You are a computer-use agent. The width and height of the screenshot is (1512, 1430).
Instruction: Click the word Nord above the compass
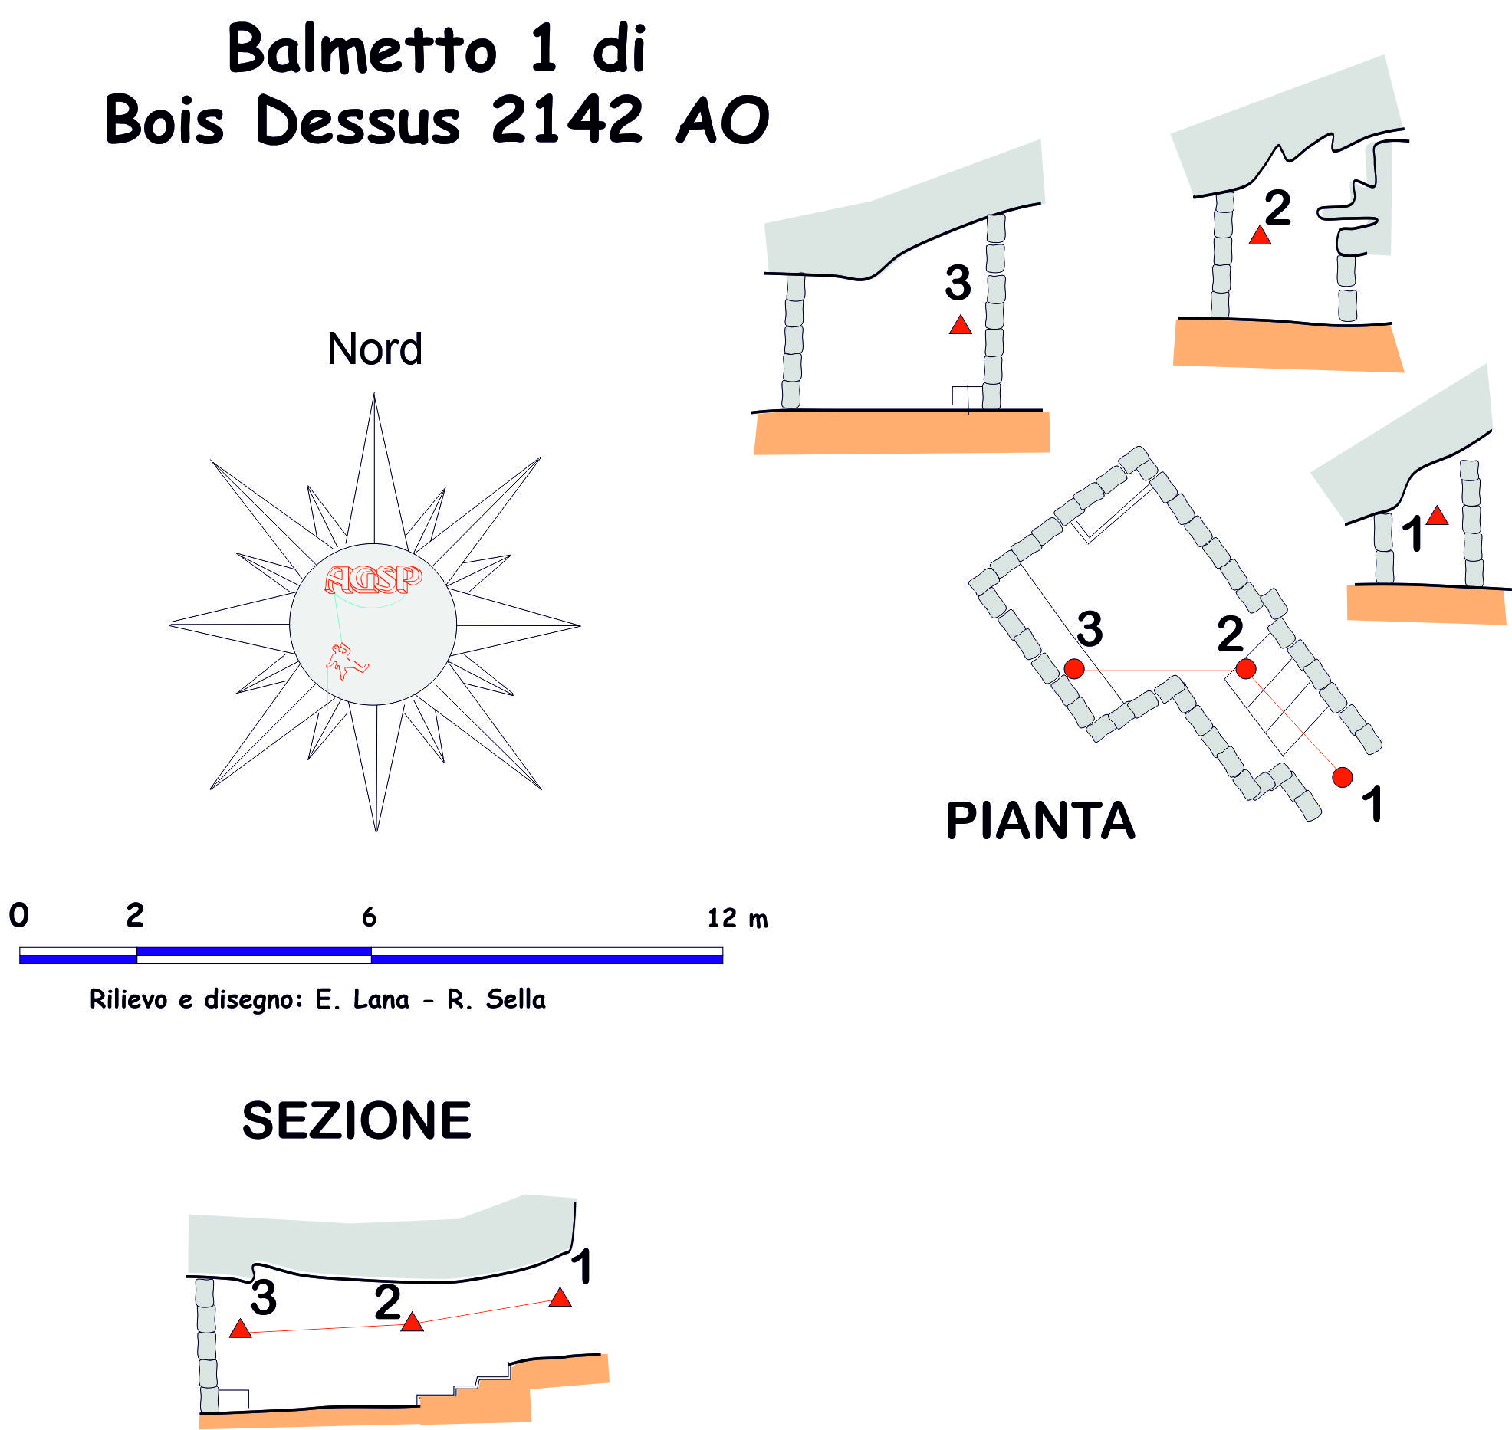tap(374, 349)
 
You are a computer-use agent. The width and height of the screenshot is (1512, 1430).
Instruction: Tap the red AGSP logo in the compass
tap(373, 579)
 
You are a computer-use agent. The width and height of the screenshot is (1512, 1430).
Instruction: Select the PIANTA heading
tap(1040, 821)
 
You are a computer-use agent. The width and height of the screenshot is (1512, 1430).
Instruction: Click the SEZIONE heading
tap(357, 1120)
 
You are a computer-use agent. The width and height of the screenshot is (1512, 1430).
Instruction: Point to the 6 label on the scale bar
tap(369, 917)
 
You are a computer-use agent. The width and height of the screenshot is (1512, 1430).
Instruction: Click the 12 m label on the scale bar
tap(736, 917)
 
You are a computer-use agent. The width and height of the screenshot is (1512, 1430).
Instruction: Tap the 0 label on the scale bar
tap(18, 915)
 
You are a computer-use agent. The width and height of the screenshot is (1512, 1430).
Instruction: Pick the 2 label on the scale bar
tap(135, 915)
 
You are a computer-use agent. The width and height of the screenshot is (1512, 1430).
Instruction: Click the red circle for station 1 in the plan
tap(1343, 777)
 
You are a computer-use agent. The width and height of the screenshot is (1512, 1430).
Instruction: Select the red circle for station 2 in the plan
tap(1246, 669)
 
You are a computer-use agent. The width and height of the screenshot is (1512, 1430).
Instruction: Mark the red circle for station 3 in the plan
tap(1074, 669)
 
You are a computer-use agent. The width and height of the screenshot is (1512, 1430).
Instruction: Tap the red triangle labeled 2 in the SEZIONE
tap(412, 1323)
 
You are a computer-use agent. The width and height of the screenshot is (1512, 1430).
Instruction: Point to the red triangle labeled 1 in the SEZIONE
tap(560, 1297)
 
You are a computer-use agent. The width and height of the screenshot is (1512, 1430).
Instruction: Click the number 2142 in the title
tap(567, 120)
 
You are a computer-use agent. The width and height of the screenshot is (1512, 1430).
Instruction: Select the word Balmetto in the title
tap(362, 49)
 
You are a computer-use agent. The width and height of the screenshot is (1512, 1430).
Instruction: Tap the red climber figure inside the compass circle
tap(346, 661)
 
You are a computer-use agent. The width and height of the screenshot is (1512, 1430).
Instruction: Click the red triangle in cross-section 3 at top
tap(960, 326)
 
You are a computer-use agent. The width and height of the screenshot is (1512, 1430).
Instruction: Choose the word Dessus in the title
tap(358, 121)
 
